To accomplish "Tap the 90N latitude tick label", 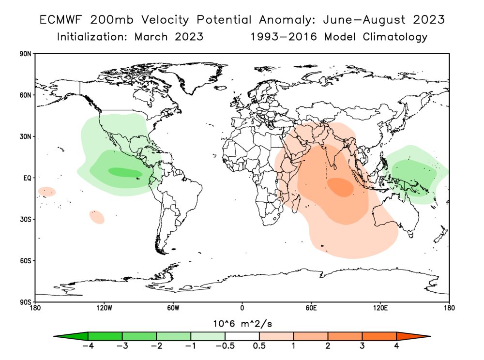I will (x=26, y=54).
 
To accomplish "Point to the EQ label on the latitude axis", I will (x=27, y=178).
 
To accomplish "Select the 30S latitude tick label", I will (x=26, y=219).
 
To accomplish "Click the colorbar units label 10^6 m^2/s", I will (x=242, y=323).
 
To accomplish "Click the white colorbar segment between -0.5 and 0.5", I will (x=242, y=336).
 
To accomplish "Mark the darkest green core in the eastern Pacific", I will (x=125, y=172).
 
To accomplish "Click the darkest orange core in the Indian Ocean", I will (x=341, y=187).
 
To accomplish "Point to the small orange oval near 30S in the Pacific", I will (x=97, y=217).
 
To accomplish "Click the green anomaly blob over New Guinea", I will (x=411, y=177).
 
